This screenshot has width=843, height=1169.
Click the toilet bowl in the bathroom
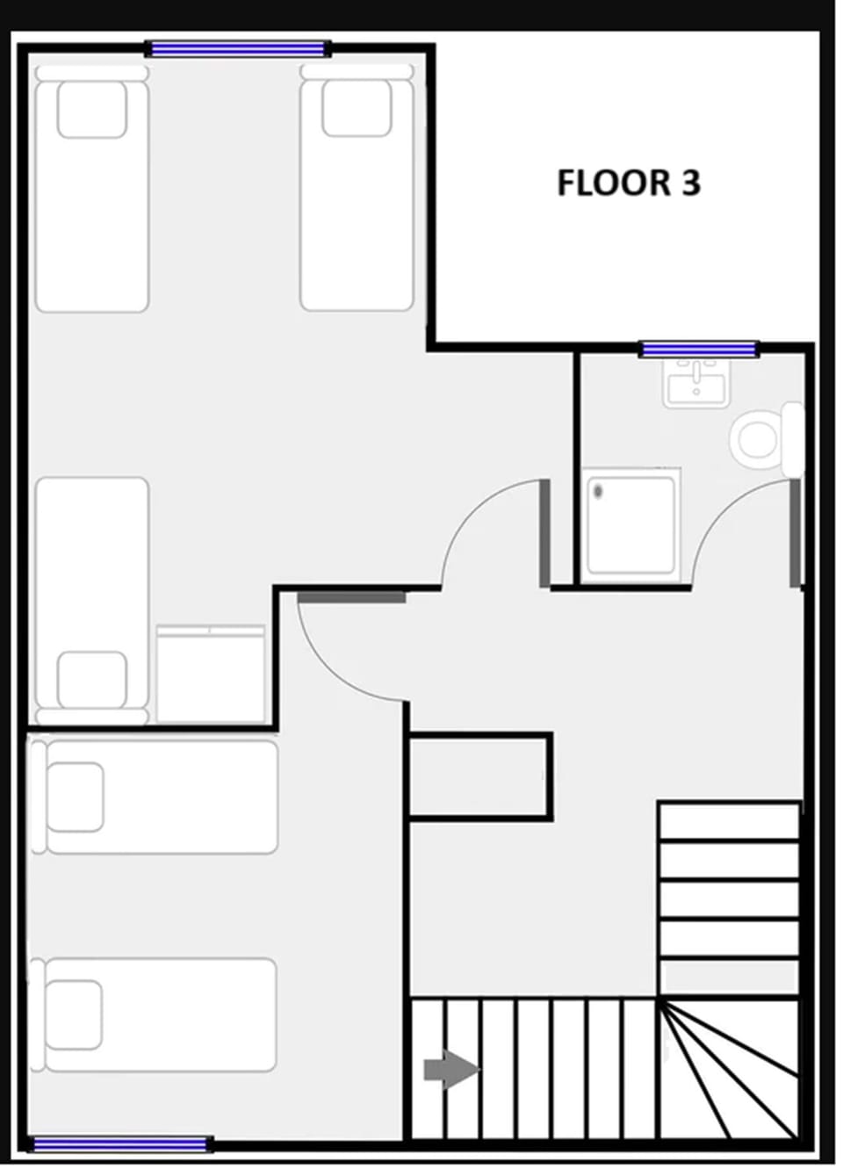[757, 438]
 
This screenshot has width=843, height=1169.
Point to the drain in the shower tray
[598, 491]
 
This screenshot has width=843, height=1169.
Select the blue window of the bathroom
[699, 350]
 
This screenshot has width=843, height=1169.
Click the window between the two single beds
[237, 49]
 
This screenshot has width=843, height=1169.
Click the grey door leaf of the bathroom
[796, 533]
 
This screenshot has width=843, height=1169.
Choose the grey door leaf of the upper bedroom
[544, 533]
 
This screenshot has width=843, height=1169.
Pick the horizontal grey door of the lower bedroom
[351, 597]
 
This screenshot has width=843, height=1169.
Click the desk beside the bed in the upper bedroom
[211, 674]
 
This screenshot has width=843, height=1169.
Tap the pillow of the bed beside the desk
[91, 678]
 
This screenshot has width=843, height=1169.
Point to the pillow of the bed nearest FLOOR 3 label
[356, 108]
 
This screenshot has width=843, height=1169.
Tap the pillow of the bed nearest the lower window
[74, 1014]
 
